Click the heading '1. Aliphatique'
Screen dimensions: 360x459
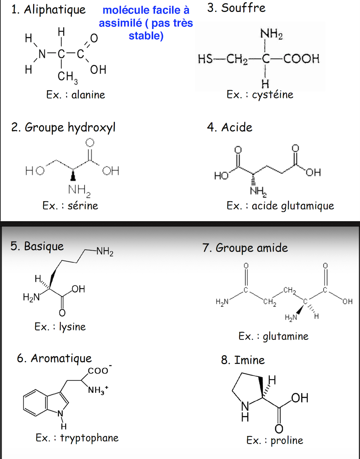tap(49, 10)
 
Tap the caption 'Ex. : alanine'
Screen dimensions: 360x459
tap(76, 94)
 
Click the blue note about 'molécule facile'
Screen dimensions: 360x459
tap(146, 23)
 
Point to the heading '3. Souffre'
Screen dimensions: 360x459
tap(236, 8)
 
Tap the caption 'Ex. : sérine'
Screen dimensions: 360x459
tap(70, 205)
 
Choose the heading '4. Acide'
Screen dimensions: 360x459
tap(229, 128)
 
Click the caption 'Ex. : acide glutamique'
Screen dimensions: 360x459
tap(280, 206)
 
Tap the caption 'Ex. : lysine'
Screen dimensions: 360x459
tap(60, 326)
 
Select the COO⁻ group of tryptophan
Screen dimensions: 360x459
tap(98, 371)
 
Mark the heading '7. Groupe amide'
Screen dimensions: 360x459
tap(245, 248)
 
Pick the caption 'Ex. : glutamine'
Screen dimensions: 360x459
tap(273, 336)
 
